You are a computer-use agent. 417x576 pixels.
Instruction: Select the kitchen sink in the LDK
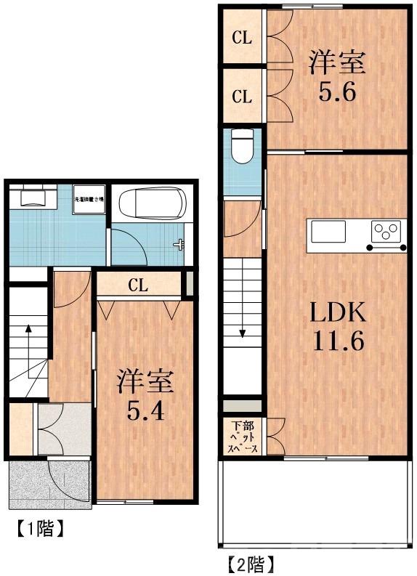tap(331, 233)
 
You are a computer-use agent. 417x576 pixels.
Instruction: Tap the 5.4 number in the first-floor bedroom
tap(145, 411)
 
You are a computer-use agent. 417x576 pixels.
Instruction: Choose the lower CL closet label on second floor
tap(242, 96)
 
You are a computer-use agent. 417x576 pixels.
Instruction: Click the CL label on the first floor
tap(138, 285)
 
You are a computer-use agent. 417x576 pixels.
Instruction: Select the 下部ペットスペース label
tap(243, 437)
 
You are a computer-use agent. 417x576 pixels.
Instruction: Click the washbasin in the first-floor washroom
tap(33, 198)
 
